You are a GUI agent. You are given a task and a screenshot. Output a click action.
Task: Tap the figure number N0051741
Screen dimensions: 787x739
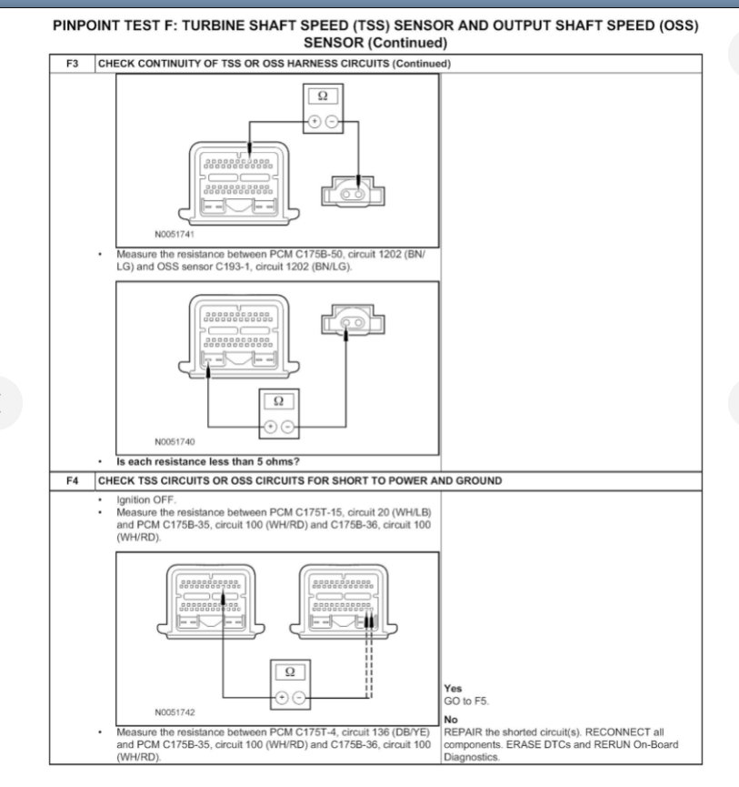pos(174,234)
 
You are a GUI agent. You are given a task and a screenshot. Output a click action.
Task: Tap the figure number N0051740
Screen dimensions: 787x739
pos(175,442)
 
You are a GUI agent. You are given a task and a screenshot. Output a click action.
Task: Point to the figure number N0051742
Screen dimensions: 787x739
pos(175,711)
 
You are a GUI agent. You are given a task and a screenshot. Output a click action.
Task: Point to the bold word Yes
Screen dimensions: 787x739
pos(453,690)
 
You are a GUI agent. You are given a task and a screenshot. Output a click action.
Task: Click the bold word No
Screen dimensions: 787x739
pos(451,720)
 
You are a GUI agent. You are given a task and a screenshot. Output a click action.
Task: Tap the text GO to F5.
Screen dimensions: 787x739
pos(466,701)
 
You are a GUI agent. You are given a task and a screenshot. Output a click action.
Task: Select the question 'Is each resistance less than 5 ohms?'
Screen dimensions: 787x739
pos(208,461)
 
